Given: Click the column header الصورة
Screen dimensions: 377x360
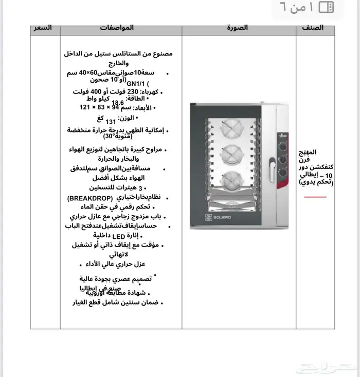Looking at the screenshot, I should click(237, 27).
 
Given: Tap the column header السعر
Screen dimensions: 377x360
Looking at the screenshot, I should click(43, 27).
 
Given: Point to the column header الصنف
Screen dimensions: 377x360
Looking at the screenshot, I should click(313, 27).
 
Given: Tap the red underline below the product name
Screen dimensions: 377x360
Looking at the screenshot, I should click(315, 197).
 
